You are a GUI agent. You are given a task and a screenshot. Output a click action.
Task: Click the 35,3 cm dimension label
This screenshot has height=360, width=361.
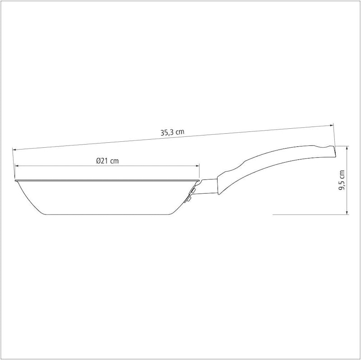coord(172,132)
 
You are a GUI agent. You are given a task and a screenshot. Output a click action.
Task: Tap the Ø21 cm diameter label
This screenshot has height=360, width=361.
coord(107,161)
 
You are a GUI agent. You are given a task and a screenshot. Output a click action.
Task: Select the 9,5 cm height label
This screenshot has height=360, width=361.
coord(342,180)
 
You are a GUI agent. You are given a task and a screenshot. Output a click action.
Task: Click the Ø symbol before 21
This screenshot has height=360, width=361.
coord(98,161)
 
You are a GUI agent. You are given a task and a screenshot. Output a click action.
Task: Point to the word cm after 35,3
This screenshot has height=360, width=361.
coord(180,132)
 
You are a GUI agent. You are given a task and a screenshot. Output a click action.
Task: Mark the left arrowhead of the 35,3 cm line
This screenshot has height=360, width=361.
coord(14,150)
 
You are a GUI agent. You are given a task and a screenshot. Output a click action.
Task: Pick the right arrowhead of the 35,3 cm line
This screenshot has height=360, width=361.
coord(332,126)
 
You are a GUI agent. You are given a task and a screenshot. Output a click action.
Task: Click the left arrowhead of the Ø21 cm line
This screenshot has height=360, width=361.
coord(17,165)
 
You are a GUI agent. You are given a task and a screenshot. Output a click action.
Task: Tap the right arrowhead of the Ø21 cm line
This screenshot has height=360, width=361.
coord(197,165)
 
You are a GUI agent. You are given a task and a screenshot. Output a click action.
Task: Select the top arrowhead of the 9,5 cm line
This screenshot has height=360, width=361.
coord(347,148)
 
